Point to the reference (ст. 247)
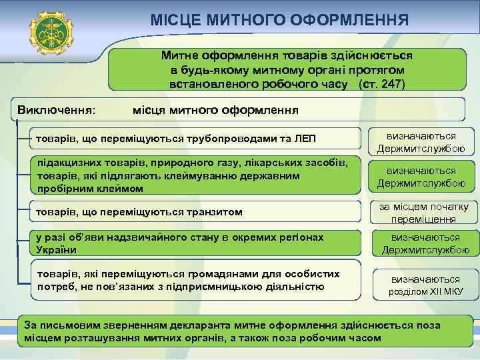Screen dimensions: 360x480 (381, 85)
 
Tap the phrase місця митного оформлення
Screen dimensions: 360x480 (215, 109)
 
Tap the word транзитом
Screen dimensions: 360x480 (211, 212)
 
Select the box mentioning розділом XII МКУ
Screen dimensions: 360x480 (425, 285)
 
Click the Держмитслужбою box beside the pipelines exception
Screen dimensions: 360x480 (421, 141)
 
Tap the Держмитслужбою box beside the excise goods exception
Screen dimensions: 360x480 (421, 177)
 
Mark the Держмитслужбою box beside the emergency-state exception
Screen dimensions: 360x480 (425, 243)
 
